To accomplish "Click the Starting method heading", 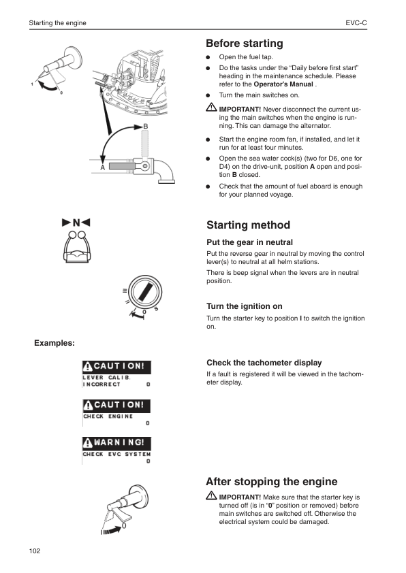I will click(248, 225).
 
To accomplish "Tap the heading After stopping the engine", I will click(271, 482).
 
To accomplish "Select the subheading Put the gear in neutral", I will click(249, 242).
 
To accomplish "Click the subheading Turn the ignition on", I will click(244, 306).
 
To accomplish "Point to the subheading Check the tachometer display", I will click(264, 363).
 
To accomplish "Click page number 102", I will click(35, 550).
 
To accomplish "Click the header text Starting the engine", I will click(57, 23).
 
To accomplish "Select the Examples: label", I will click(54, 342).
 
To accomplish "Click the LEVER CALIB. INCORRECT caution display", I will click(116, 374).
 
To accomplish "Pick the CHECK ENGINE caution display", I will click(116, 413).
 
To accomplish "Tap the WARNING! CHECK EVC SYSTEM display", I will click(116, 451).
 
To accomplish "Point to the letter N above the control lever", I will click(76, 223).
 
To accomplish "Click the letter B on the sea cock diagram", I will click(145, 127).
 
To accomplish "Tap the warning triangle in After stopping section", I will click(211, 497).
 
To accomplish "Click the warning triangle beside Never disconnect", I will click(211, 109).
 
